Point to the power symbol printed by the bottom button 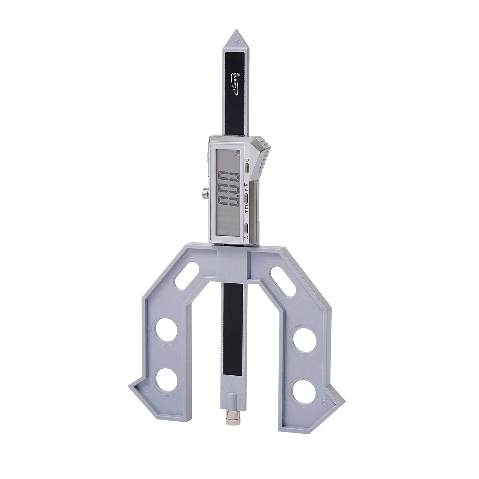[246, 238]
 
